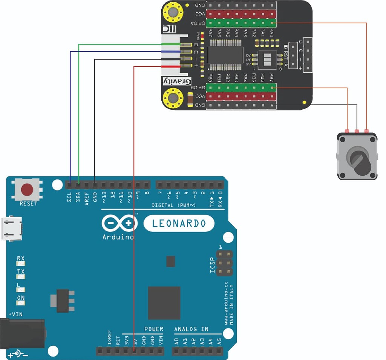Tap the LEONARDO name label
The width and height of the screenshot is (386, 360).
[x=179, y=223]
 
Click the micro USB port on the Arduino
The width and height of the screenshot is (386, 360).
[x=11, y=228]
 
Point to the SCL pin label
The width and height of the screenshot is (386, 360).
[x=69, y=197]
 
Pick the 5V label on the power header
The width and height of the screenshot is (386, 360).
[x=135, y=342]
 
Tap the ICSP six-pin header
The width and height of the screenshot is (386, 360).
[x=224, y=262]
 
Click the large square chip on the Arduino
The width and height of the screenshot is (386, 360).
[x=164, y=303]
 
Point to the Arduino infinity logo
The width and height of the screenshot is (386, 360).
[x=118, y=223]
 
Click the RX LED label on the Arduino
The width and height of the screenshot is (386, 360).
[x=21, y=259]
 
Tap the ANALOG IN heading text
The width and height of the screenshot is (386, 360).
[x=191, y=329]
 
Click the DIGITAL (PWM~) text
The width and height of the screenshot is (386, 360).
[x=173, y=205]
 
